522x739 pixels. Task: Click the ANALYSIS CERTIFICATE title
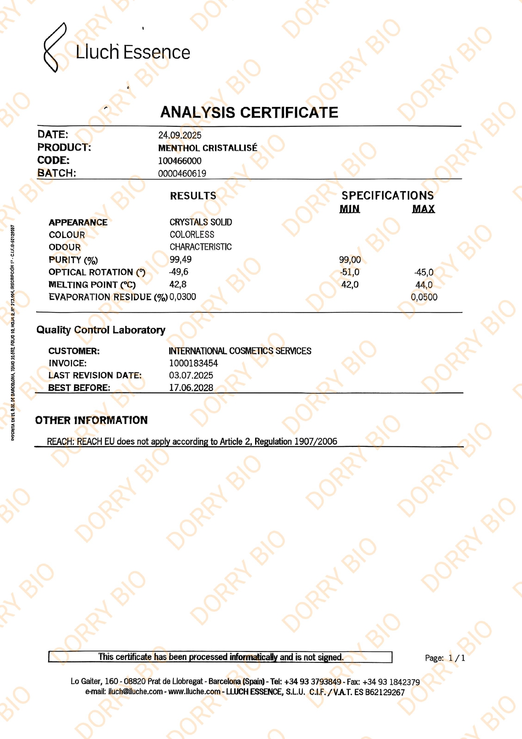[249, 112]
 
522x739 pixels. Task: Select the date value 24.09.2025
[180, 135]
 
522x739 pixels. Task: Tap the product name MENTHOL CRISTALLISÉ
[208, 148]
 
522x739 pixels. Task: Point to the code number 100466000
[180, 161]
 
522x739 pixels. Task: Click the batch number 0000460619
[182, 173]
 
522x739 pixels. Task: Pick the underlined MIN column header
[350, 209]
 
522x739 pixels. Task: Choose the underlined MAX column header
[423, 209]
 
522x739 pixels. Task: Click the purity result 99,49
[181, 259]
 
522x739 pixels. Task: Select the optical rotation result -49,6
[178, 272]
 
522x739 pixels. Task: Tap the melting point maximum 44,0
[424, 285]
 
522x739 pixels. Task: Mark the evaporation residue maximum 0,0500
[424, 297]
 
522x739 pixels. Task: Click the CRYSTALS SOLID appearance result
[201, 222]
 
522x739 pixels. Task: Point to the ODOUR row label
[64, 247]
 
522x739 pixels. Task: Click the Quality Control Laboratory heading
[101, 330]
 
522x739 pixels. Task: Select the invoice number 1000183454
[194, 363]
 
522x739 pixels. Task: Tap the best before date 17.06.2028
[191, 388]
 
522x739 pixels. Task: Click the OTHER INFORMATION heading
[91, 420]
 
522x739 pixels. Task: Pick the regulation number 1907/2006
[316, 441]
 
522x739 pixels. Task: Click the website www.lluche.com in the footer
[194, 691]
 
